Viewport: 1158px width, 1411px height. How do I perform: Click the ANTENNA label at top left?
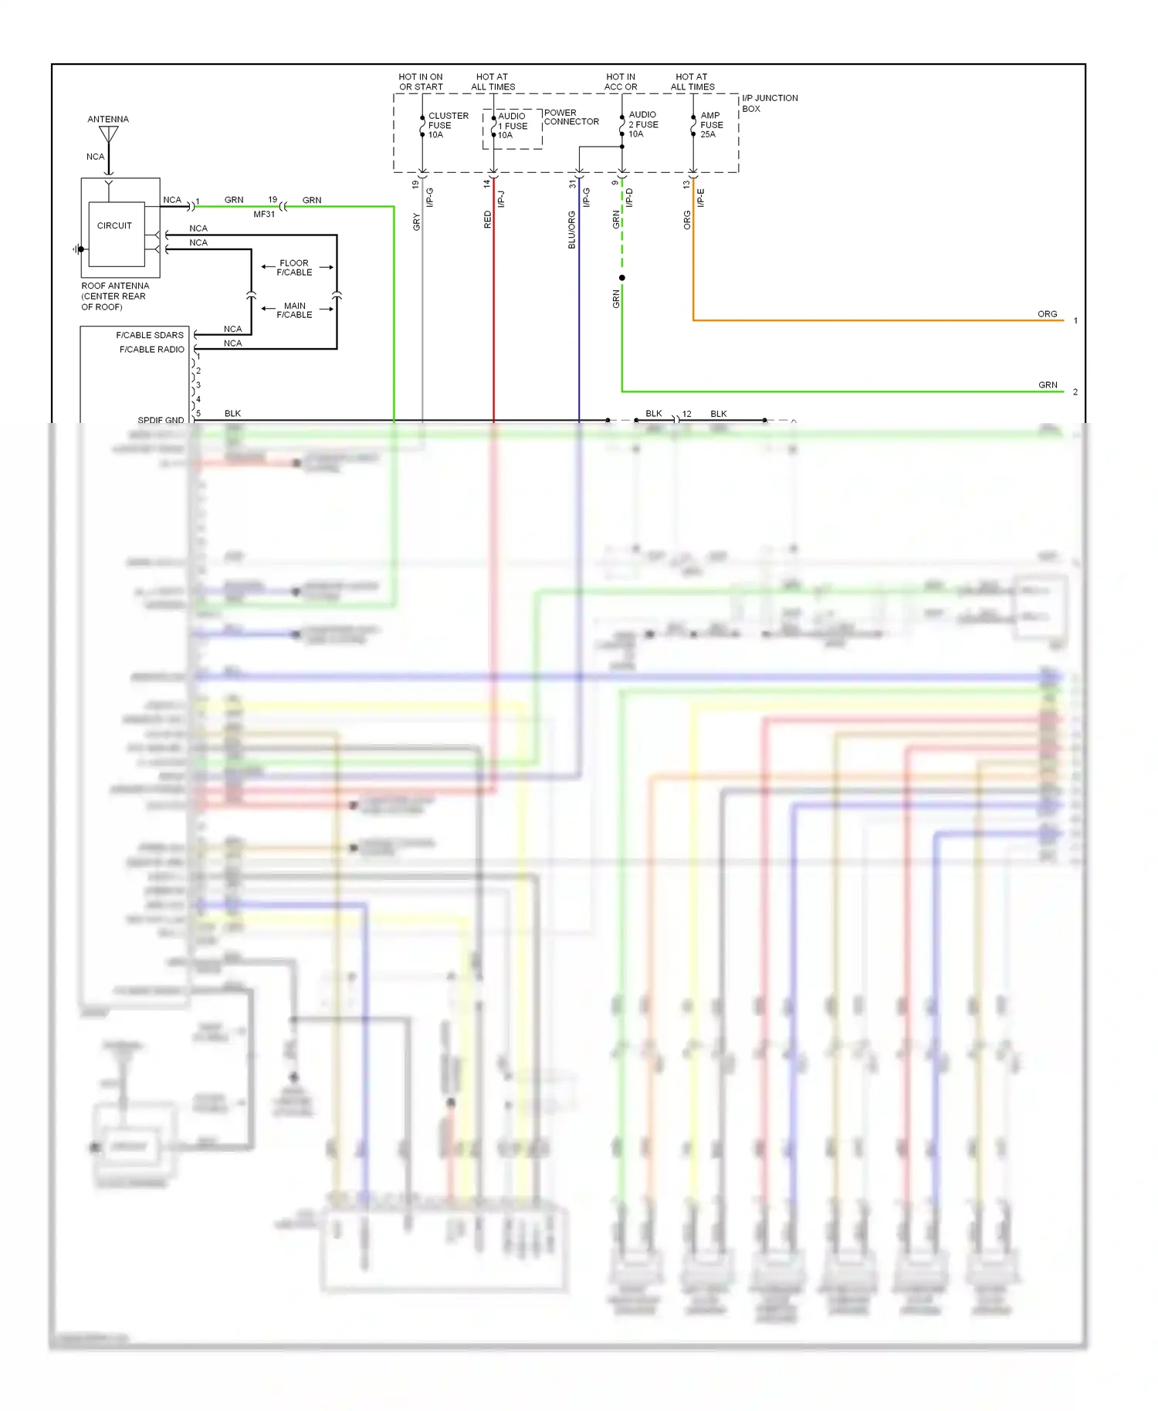108,119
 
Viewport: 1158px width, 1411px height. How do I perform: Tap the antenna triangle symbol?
109,135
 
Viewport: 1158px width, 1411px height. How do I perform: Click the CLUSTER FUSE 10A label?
448,125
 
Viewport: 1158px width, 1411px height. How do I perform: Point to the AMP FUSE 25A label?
711,124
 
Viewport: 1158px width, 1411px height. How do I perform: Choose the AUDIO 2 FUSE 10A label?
642,124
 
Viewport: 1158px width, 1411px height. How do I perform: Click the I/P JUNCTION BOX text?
769,103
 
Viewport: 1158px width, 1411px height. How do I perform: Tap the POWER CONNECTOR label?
571,117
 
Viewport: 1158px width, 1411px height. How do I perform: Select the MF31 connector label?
264,214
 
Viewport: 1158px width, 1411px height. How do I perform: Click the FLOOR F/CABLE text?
294,267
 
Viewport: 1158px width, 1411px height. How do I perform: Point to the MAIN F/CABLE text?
294,310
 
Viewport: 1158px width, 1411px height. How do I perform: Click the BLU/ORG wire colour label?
571,229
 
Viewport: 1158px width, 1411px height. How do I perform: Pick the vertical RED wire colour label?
487,219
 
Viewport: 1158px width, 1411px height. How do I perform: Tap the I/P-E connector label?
700,198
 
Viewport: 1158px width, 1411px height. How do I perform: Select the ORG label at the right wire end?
1047,314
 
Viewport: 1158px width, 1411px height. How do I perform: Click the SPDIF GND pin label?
161,420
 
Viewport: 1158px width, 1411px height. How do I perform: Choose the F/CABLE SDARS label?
150,335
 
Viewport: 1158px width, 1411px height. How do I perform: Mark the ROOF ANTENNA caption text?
114,296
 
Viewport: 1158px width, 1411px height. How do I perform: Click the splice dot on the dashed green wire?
621,278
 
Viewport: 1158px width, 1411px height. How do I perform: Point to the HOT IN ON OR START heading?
421,82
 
